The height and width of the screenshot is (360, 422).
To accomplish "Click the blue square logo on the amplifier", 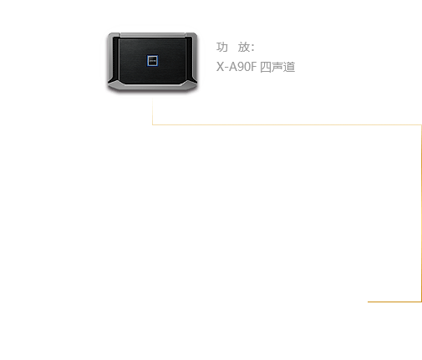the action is [152, 61].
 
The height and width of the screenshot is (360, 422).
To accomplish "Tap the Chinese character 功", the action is [222, 47].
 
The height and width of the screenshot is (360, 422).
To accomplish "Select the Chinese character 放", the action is [244, 47].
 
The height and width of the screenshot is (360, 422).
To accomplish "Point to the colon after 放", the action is [252, 48].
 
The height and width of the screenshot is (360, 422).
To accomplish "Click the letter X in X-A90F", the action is [220, 67].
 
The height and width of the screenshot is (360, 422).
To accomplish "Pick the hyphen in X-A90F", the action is [226, 68].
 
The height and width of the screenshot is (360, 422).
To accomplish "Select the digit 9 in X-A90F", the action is [240, 67].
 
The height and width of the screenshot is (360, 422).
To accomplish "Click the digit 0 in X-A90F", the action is [247, 67].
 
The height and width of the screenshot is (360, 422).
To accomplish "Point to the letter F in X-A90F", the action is [253, 67].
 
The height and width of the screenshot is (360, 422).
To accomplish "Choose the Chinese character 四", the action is [266, 67].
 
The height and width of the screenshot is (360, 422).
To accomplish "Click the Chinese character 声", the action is [277, 67].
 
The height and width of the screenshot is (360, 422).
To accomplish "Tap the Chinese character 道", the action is [289, 67].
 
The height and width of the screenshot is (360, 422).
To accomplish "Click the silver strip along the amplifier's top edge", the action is [152, 35].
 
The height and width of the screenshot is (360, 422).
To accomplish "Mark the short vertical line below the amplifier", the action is [152, 112].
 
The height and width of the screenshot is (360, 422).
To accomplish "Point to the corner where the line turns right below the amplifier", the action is [152, 124].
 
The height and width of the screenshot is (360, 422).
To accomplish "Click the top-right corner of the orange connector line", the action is [421, 124].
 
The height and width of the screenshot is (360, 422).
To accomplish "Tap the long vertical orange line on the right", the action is [421, 213].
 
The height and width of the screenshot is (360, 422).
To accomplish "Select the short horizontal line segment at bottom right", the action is [394, 302].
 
